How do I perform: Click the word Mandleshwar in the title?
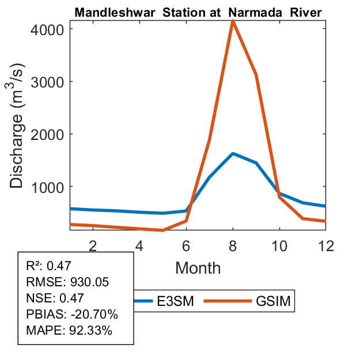pyautogui.click(x=111, y=12)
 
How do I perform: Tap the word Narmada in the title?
pyautogui.click(x=256, y=12)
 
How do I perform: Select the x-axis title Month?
pyautogui.click(x=198, y=267)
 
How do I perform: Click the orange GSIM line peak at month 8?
pyautogui.click(x=233, y=21)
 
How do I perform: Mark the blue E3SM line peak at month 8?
pyautogui.click(x=233, y=154)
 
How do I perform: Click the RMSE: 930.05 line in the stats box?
pyautogui.click(x=68, y=282)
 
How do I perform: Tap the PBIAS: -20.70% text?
pyautogui.click(x=72, y=314)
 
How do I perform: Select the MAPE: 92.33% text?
pyautogui.click(x=69, y=331)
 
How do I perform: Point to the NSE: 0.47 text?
pyautogui.click(x=55, y=298)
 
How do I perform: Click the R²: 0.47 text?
pyautogui.click(x=52, y=266)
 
